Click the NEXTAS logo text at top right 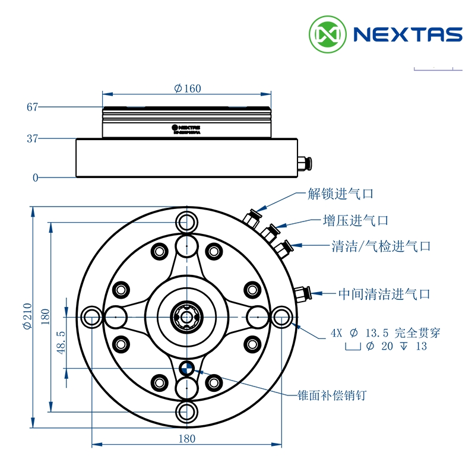pyautogui.click(x=407, y=34)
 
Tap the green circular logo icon pyautogui.click(x=327, y=34)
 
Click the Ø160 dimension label pyautogui.click(x=188, y=88)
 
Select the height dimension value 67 pyautogui.click(x=32, y=107)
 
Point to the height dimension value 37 pyautogui.click(x=32, y=139)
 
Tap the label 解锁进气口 pyautogui.click(x=340, y=194)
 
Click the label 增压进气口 pyautogui.click(x=355, y=220)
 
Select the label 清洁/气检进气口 pyautogui.click(x=381, y=246)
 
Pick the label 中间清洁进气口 pyautogui.click(x=384, y=294)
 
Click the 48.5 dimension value pyautogui.click(x=61, y=343)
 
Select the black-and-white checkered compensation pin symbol pyautogui.click(x=187, y=369)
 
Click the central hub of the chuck pyautogui.click(x=187, y=316)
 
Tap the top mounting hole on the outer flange pyautogui.click(x=187, y=223)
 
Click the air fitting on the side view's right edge pyautogui.click(x=304, y=163)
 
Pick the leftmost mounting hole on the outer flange pyautogui.click(x=93, y=316)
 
